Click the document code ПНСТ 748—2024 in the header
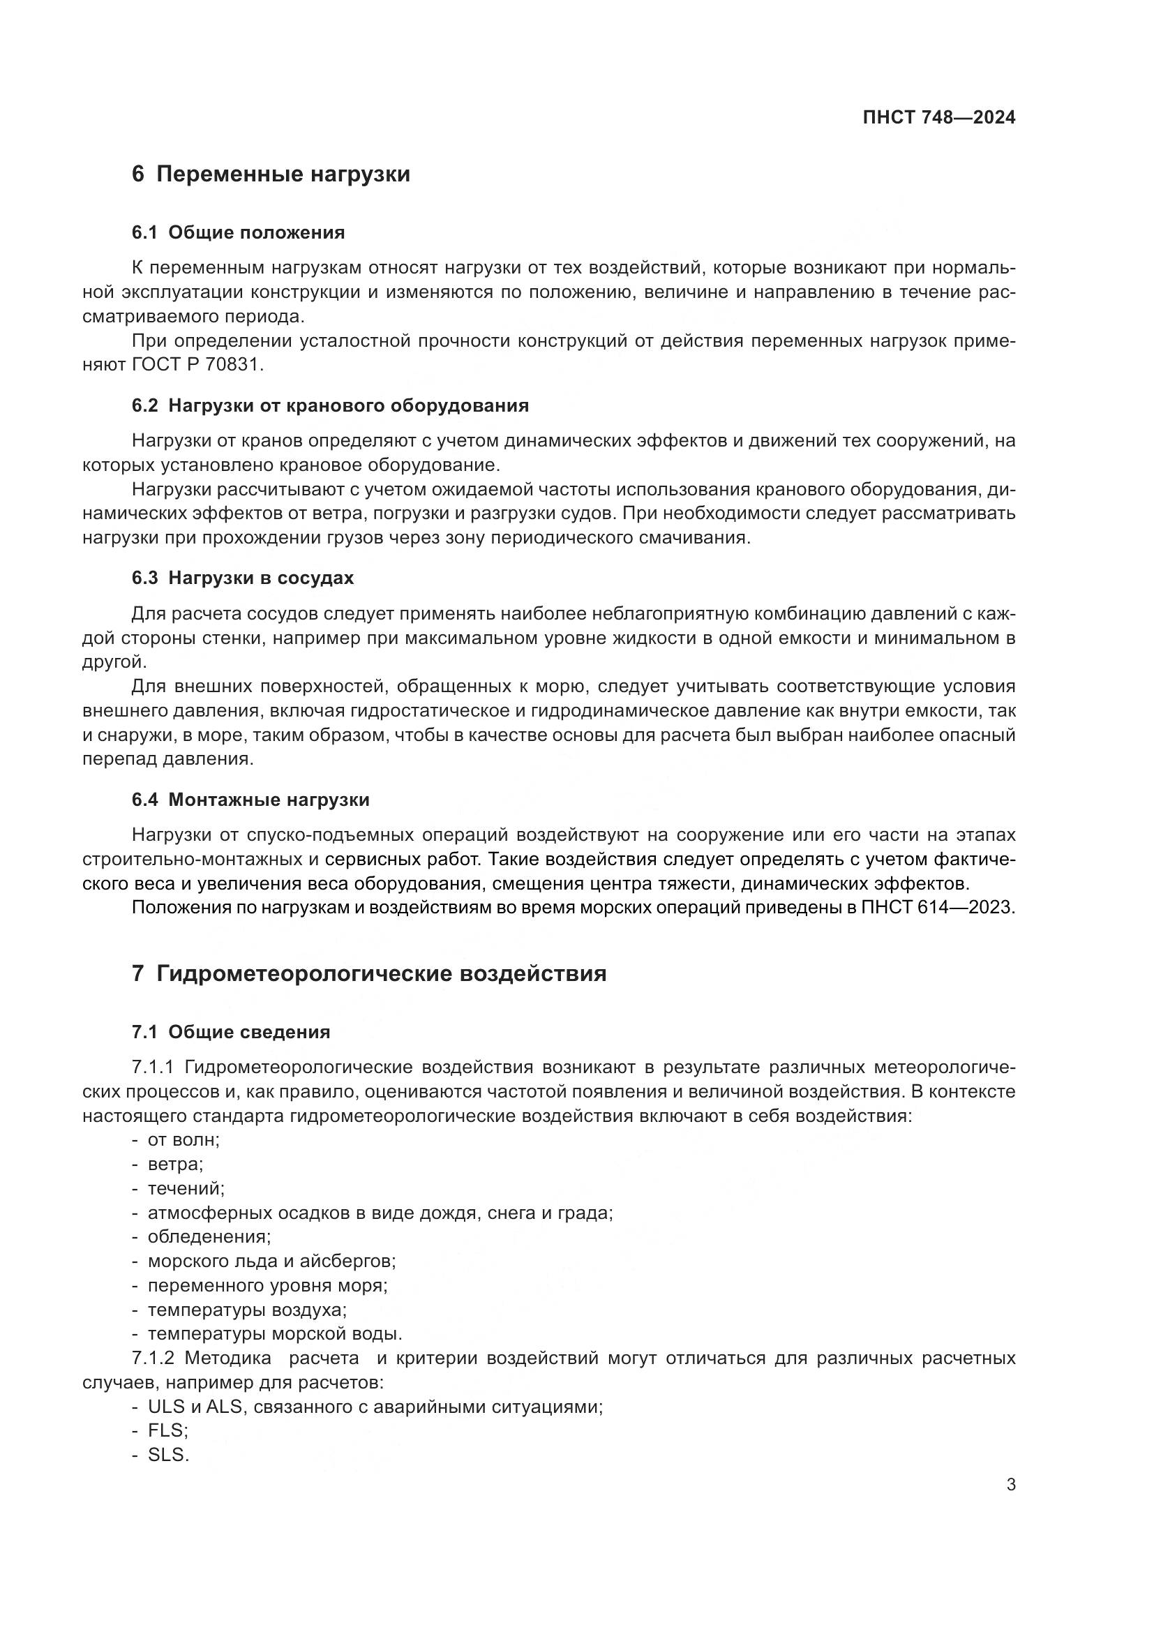click(938, 117)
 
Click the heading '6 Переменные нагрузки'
click(271, 174)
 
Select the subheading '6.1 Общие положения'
click(238, 232)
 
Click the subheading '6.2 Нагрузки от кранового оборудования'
click(330, 406)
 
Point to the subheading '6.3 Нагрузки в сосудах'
click(242, 578)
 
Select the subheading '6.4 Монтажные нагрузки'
click(250, 800)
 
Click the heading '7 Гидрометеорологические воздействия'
click(369, 973)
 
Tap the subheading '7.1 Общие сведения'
click(231, 1032)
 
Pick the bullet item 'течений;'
click(186, 1188)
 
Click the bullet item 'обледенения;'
click(209, 1237)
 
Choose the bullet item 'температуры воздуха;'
click(246, 1309)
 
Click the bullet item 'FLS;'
click(167, 1430)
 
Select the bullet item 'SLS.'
click(168, 1454)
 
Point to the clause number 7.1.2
click(153, 1358)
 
